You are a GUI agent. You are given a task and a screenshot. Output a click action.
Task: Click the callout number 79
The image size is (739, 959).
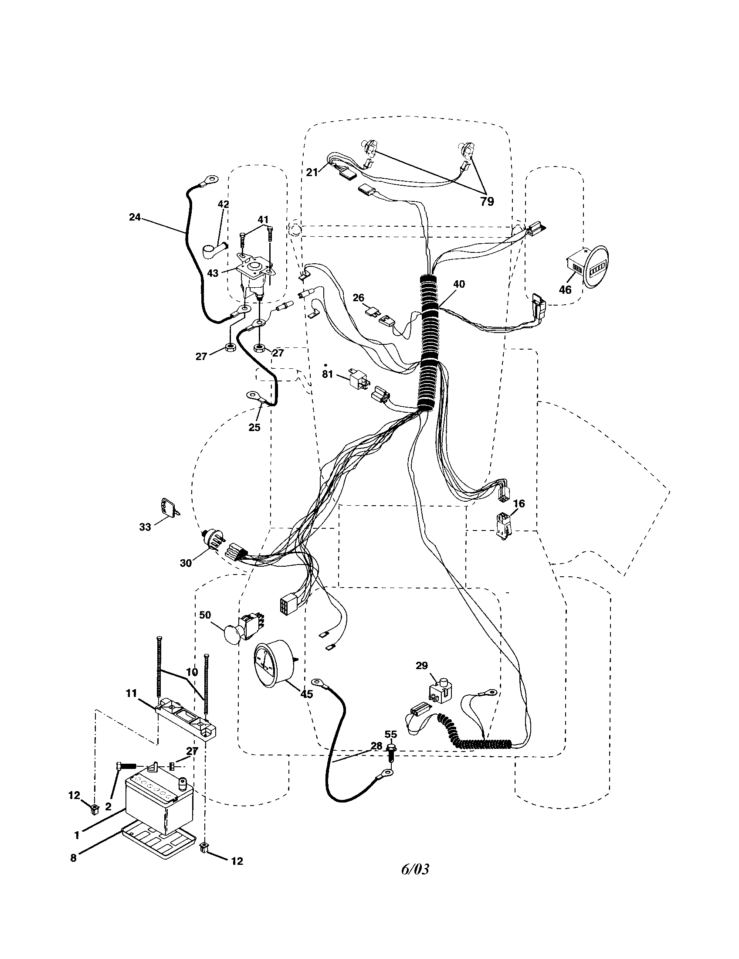point(487,201)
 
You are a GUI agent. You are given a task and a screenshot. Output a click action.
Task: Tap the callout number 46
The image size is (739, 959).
point(565,290)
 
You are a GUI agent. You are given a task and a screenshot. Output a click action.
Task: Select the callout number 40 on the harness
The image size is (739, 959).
point(458,284)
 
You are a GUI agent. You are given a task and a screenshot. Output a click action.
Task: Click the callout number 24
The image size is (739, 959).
point(135,217)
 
